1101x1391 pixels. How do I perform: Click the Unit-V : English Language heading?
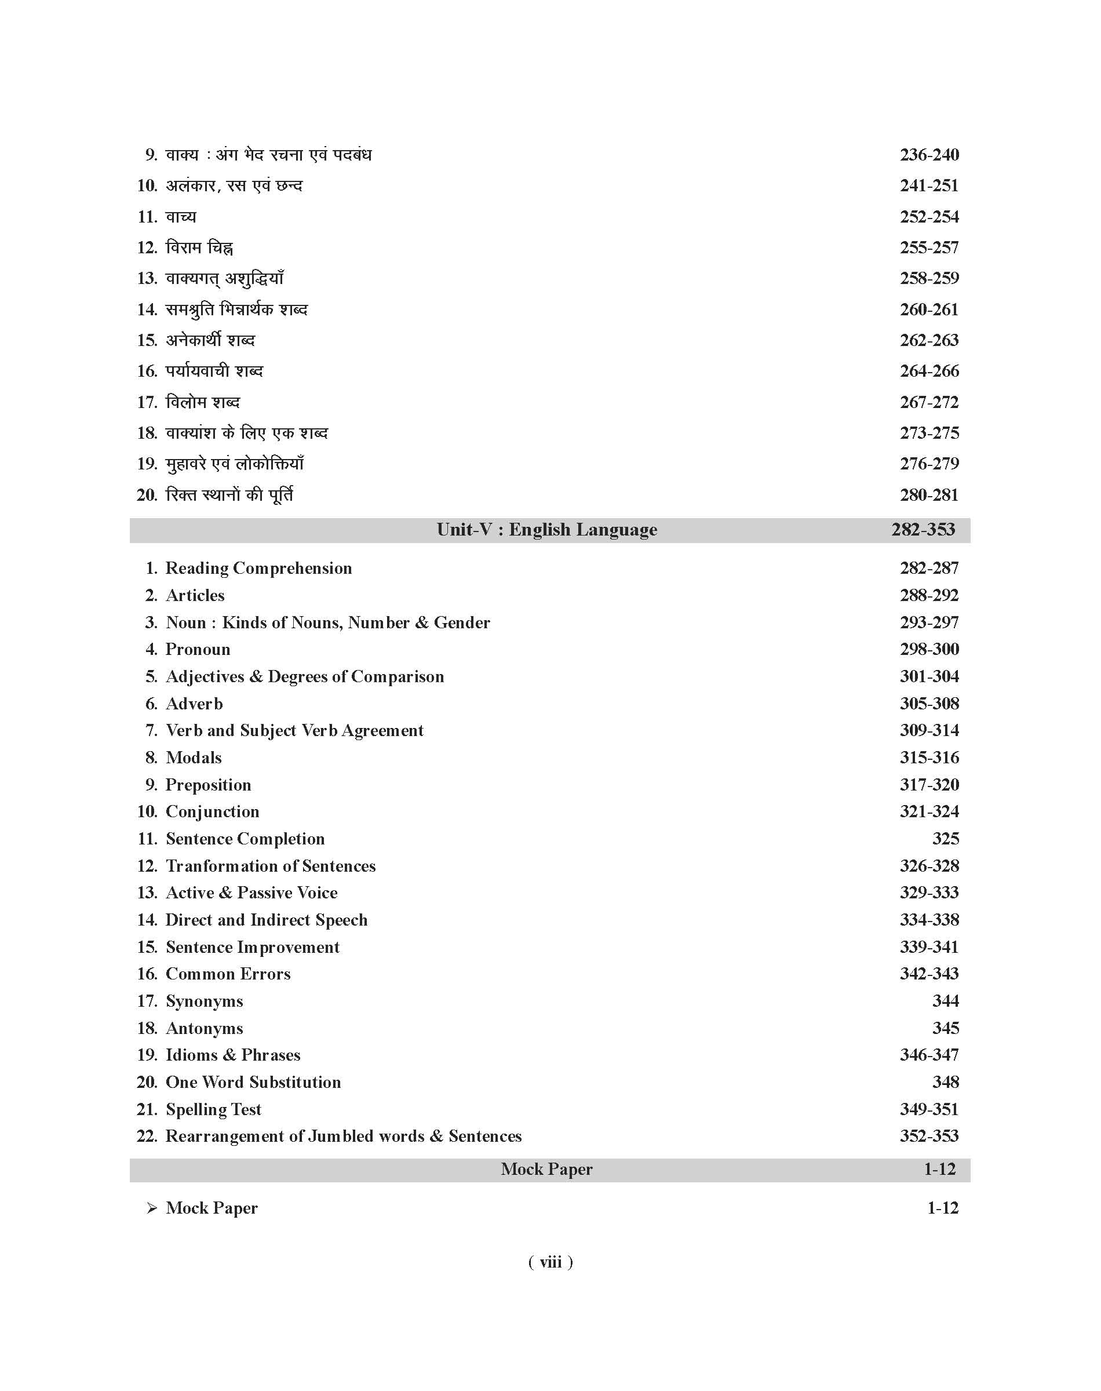point(546,530)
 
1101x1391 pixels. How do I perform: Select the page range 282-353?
point(923,530)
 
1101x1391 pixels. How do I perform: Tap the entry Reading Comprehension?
point(258,568)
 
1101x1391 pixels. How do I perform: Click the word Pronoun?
point(198,649)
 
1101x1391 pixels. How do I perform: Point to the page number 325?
point(945,839)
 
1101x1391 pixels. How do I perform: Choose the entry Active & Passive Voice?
point(251,893)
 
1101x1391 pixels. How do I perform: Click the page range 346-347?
point(929,1055)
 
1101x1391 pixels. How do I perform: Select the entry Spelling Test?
point(213,1109)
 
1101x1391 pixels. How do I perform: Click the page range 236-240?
point(929,155)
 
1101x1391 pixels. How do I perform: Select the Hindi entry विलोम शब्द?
point(202,402)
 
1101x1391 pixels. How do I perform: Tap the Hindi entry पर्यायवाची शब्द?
point(214,372)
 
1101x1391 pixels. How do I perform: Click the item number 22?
point(147,1137)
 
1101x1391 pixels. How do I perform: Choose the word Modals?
point(194,758)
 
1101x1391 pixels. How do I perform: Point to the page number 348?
point(945,1082)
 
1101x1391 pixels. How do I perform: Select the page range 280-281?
point(929,495)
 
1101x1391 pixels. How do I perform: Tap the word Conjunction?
point(212,811)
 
